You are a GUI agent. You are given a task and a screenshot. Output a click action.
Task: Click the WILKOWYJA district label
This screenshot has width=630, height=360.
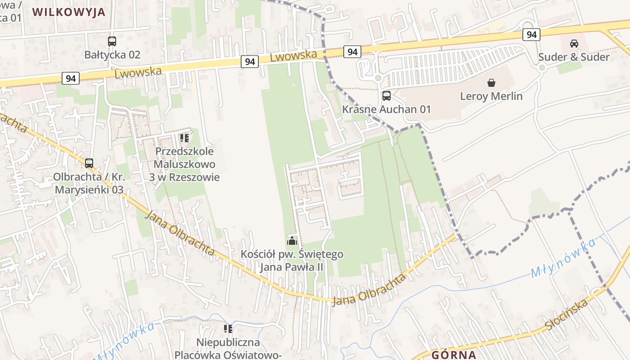[69, 12]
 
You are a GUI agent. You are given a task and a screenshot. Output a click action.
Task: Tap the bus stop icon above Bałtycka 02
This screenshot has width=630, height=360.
[112, 41]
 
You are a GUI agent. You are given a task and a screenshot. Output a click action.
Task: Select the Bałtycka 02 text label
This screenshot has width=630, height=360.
[112, 55]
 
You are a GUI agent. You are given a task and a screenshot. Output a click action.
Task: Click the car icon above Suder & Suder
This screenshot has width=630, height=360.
[574, 44]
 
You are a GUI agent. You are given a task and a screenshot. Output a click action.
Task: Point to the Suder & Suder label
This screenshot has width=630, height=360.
[574, 57]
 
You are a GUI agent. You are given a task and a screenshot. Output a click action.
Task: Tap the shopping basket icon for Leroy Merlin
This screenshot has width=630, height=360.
[491, 83]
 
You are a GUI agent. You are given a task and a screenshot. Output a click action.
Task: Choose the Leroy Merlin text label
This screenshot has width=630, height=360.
[491, 96]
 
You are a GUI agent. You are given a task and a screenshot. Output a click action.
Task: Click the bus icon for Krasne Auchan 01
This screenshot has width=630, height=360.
[387, 95]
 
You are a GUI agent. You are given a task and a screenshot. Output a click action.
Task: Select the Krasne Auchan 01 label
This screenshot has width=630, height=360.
[387, 109]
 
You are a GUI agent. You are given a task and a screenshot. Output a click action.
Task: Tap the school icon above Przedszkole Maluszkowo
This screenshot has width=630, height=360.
[184, 138]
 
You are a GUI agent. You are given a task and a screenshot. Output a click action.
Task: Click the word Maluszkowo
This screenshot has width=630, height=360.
[184, 164]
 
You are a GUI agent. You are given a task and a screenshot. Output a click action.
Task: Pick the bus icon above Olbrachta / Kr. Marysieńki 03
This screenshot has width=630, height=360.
[89, 163]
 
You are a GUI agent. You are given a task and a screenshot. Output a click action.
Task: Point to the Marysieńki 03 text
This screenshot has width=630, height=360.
[89, 189]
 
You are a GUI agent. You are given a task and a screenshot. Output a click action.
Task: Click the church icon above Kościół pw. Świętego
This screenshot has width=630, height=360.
[292, 241]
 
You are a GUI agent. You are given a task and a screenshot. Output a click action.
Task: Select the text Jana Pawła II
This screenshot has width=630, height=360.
[292, 267]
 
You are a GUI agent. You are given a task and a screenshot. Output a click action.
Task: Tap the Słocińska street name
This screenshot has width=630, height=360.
[567, 315]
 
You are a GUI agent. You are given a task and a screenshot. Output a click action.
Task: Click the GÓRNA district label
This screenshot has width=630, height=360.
[454, 355]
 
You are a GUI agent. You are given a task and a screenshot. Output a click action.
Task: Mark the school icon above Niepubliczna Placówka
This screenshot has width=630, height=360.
[228, 329]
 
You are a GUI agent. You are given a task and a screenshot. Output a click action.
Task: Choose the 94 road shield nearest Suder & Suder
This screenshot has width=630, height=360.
[531, 34]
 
